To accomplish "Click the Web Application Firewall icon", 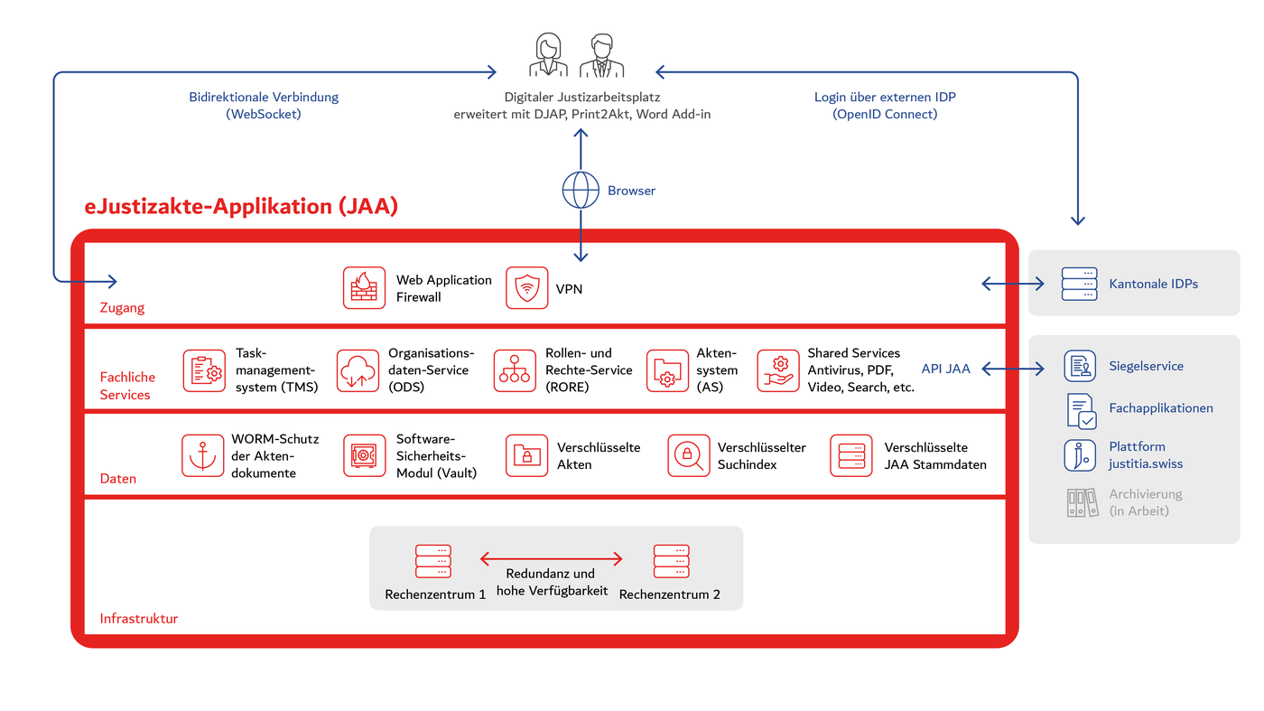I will [364, 288].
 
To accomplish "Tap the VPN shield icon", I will [526, 288].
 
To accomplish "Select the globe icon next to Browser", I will [581, 191].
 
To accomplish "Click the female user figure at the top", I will [548, 56].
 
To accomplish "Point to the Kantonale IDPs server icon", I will [1079, 284].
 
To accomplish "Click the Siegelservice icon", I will [1079, 366].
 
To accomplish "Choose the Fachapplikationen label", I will [1160, 408].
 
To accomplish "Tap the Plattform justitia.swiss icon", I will [1079, 454].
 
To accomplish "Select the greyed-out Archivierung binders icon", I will [1081, 502].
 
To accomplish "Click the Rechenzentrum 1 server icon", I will [433, 561].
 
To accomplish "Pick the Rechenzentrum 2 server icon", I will [671, 561].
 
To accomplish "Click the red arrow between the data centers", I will [551, 559].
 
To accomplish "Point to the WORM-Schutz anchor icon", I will [202, 455].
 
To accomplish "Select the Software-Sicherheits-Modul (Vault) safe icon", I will [364, 455].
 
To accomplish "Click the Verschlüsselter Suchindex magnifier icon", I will [689, 455].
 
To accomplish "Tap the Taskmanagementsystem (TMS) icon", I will [204, 371].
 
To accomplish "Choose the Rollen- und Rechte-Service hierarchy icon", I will [515, 371].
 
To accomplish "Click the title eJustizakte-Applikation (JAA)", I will [241, 206].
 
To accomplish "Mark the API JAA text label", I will [945, 369].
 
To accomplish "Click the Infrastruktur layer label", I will [138, 619].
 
